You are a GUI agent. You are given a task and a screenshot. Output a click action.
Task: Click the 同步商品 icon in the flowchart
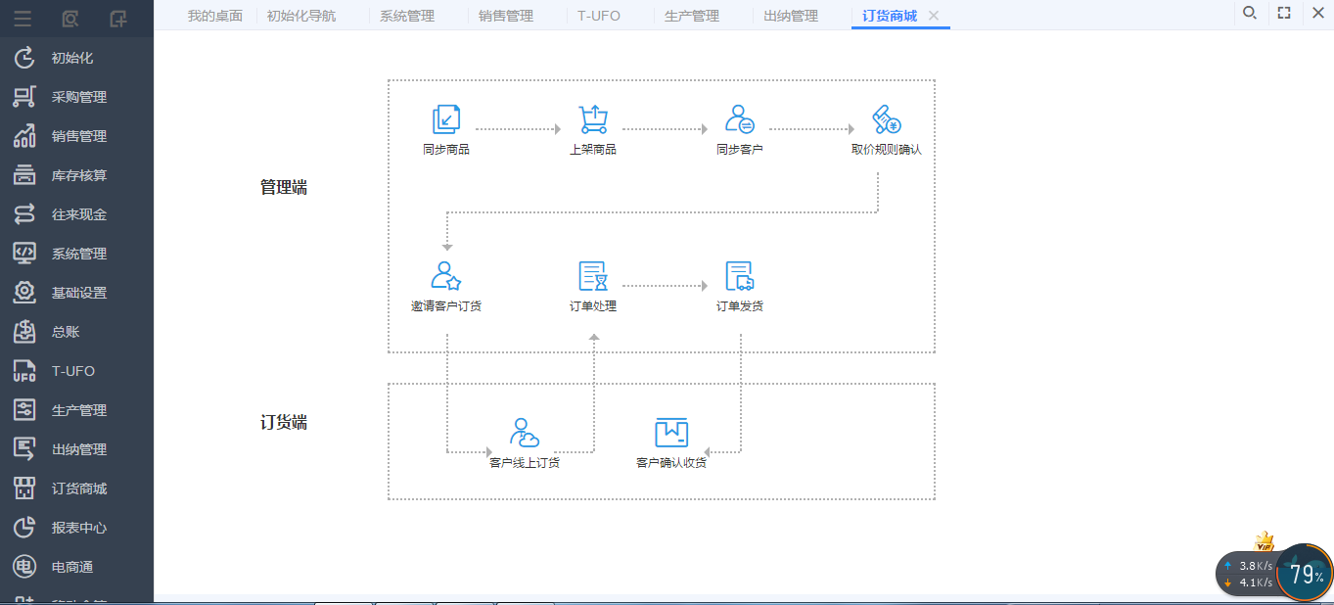tap(446, 119)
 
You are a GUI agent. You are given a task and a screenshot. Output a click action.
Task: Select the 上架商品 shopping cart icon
tap(593, 119)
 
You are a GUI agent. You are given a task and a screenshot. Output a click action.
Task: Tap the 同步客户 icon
tap(740, 119)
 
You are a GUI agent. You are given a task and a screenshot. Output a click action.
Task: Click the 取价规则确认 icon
tap(886, 119)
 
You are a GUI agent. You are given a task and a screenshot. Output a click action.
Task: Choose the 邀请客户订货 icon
tap(446, 276)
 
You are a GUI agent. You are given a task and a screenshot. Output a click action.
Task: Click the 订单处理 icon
tap(593, 276)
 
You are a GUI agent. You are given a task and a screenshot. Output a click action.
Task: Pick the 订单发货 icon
tap(740, 276)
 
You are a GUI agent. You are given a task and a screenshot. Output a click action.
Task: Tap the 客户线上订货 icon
tap(524, 433)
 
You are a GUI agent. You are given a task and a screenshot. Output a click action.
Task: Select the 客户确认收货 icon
tap(671, 433)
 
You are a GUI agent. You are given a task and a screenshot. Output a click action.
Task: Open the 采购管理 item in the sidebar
tap(77, 97)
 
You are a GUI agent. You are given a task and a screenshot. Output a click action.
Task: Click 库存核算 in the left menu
tap(77, 175)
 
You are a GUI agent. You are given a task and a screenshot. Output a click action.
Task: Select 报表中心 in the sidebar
tap(77, 528)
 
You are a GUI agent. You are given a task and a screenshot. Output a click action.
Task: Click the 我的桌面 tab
tap(215, 16)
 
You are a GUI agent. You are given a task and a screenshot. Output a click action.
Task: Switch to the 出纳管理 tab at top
tap(791, 16)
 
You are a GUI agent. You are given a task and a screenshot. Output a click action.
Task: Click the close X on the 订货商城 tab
tap(934, 16)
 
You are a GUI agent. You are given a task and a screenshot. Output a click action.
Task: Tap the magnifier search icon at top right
tap(1250, 13)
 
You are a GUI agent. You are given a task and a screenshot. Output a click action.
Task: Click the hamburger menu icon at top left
tap(23, 19)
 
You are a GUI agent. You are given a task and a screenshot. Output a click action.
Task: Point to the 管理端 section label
tap(284, 188)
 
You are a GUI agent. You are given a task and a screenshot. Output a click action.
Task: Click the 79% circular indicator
tap(1305, 574)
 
